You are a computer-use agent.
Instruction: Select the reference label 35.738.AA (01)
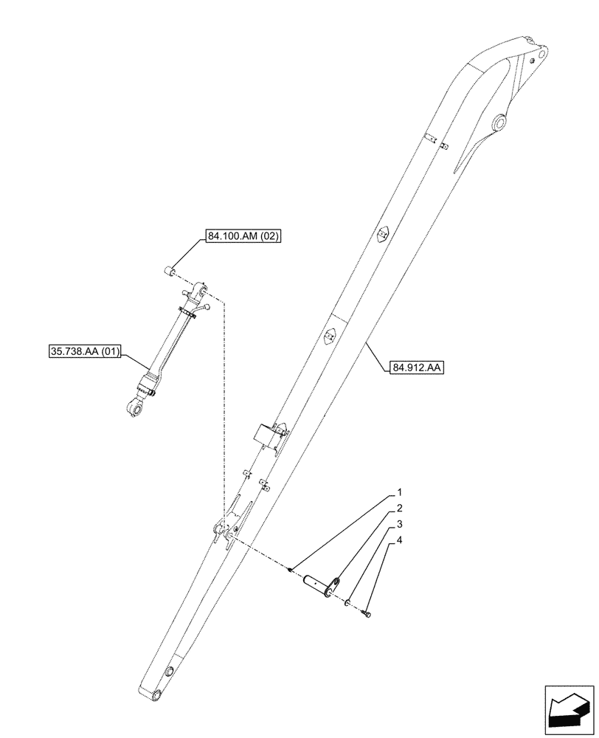81,350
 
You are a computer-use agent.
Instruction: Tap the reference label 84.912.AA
414,365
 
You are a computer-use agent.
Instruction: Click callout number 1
399,492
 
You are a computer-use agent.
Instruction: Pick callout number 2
399,508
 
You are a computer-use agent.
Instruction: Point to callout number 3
399,525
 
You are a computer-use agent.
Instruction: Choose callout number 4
399,542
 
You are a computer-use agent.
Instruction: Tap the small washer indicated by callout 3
346,603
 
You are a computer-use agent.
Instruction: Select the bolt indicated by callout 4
367,613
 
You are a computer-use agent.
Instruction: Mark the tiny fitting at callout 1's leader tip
291,568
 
